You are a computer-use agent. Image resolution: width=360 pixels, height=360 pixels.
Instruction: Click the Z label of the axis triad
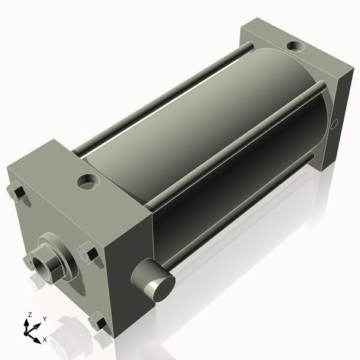click(29, 315)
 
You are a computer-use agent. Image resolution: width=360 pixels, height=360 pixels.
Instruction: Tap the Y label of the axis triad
click(45, 319)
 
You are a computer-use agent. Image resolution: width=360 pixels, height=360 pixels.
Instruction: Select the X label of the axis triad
click(45, 340)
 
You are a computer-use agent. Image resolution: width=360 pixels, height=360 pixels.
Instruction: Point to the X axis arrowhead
click(37, 340)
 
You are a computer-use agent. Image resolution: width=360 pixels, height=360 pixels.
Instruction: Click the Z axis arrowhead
click(26, 323)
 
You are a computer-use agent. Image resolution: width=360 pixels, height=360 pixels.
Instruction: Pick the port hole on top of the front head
click(88, 181)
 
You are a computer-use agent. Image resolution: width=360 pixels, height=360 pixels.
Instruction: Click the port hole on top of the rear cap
click(296, 46)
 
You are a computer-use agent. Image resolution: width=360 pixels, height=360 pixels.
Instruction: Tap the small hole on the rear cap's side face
click(334, 124)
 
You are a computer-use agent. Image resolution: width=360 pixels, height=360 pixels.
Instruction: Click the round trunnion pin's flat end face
click(164, 289)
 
